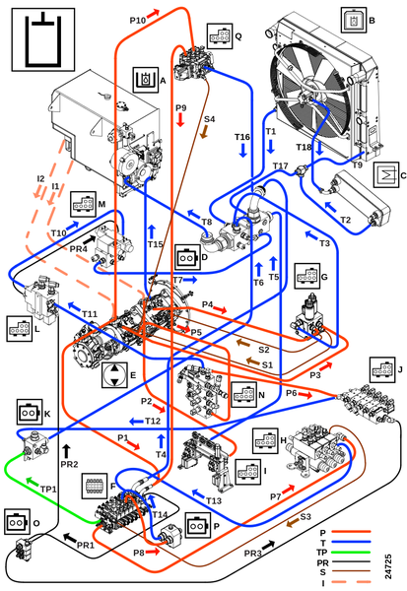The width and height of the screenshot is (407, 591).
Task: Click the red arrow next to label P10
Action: tap(153, 14)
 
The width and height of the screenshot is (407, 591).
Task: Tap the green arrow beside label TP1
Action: tap(33, 482)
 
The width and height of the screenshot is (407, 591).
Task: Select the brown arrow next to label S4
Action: tap(204, 131)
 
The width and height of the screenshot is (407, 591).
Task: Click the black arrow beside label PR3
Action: tap(268, 545)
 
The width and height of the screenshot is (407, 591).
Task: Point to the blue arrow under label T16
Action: tap(242, 150)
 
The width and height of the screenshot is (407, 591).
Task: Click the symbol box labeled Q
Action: tap(220, 36)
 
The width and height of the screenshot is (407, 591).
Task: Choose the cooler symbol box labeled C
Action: tap(386, 174)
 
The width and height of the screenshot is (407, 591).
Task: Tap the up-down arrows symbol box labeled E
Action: tap(114, 375)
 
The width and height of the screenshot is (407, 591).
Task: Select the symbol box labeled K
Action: tap(29, 412)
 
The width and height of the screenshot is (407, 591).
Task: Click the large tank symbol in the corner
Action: tap(43, 39)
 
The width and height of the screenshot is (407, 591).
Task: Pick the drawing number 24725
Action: tap(388, 566)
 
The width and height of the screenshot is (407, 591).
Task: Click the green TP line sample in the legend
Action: tap(351, 553)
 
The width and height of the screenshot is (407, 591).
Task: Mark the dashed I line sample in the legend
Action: tap(351, 583)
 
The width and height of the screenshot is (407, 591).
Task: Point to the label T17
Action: tap(280, 165)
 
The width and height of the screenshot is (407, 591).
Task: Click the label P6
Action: tap(291, 393)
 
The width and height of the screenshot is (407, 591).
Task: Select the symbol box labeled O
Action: tap(18, 522)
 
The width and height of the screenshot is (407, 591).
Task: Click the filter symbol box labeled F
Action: tap(95, 487)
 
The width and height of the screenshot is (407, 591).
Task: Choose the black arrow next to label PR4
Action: tap(89, 240)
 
